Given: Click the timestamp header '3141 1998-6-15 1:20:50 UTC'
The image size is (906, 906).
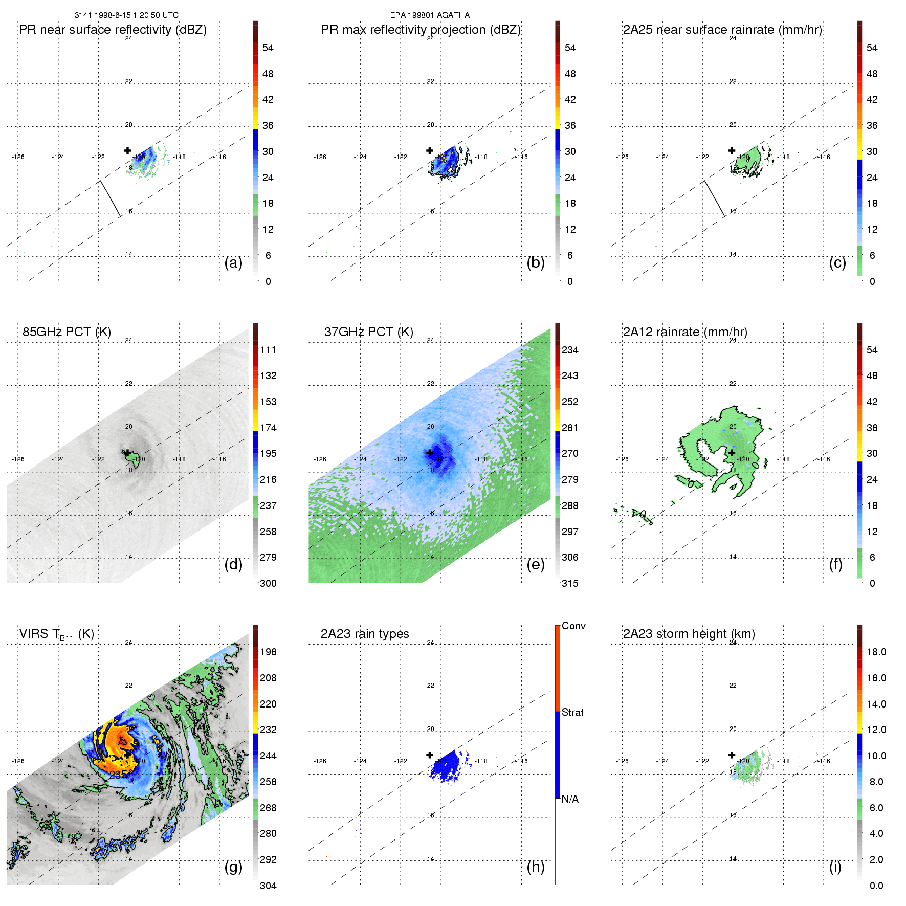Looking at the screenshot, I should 126,15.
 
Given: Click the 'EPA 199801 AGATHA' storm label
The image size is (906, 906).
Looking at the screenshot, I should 430,15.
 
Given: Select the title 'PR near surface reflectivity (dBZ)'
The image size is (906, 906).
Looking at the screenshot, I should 113,30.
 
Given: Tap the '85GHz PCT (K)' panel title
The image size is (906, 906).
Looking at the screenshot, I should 67,332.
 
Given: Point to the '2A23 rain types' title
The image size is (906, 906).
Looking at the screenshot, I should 365,634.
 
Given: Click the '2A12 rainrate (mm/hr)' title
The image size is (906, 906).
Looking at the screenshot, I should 685,332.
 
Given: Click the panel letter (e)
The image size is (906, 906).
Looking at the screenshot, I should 535,565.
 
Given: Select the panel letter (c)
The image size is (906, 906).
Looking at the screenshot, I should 837,263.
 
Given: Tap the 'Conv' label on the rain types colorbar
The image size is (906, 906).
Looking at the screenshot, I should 573,626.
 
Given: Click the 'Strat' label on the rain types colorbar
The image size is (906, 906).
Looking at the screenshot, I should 572,713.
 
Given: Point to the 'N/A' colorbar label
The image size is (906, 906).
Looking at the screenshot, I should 570,799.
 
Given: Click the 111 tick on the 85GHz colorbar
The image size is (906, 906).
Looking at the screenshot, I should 268,350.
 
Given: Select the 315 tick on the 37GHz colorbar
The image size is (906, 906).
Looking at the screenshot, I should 570,584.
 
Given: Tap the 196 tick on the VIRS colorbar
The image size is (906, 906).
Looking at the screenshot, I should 268,652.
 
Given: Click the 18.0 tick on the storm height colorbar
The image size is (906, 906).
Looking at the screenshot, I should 876,652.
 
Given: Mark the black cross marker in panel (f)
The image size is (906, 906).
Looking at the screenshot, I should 732,453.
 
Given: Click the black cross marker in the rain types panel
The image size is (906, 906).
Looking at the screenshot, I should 430,755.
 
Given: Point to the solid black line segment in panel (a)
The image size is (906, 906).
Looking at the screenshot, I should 110,198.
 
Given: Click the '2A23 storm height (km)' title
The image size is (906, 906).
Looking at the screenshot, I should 689,634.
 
